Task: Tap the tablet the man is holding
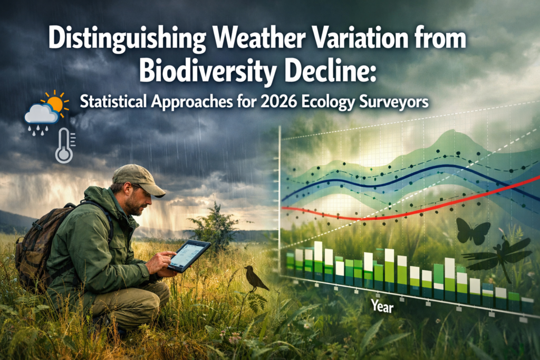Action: click(x=189, y=256)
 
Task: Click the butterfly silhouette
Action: click(x=472, y=231)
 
